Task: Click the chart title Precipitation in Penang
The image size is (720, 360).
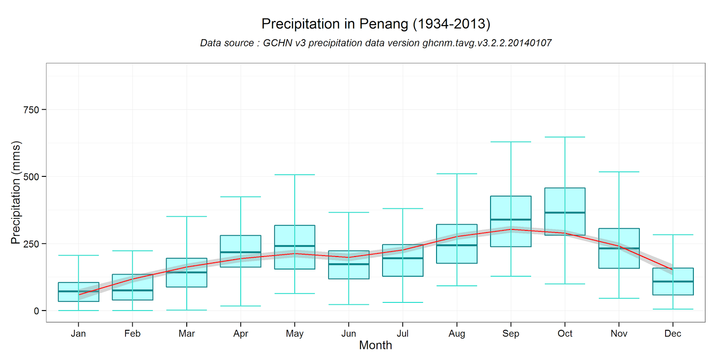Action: [375, 23]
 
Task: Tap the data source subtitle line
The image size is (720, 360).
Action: [375, 43]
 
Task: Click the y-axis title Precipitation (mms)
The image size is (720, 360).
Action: [16, 193]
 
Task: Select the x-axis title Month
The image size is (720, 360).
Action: [375, 345]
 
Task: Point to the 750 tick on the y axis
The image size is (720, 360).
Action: [31, 110]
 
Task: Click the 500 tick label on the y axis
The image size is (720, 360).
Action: [31, 177]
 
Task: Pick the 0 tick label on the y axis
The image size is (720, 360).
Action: [36, 311]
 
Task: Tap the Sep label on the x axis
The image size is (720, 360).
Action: [510, 333]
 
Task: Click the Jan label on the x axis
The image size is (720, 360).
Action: [78, 333]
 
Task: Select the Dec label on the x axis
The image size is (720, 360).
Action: [672, 333]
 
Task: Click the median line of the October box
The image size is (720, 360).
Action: [565, 212]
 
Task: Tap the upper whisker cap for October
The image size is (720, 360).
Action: [565, 137]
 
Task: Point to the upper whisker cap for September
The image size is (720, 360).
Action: [510, 142]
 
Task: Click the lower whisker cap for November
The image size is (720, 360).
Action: [619, 298]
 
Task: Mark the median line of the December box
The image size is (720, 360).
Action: [673, 281]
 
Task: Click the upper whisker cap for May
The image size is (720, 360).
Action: [294, 175]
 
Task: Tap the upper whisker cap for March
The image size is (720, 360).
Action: [186, 216]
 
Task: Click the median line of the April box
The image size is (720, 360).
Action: [240, 252]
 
